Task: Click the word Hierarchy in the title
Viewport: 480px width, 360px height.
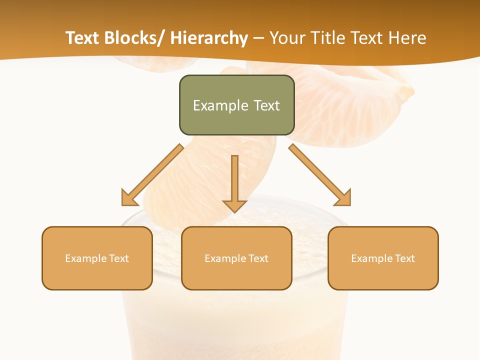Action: pyautogui.click(x=209, y=38)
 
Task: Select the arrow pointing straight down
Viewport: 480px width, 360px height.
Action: pyautogui.click(x=234, y=182)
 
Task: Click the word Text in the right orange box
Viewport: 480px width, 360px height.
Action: pyautogui.click(x=405, y=258)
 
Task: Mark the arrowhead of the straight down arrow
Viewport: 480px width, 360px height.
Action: pyautogui.click(x=234, y=205)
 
